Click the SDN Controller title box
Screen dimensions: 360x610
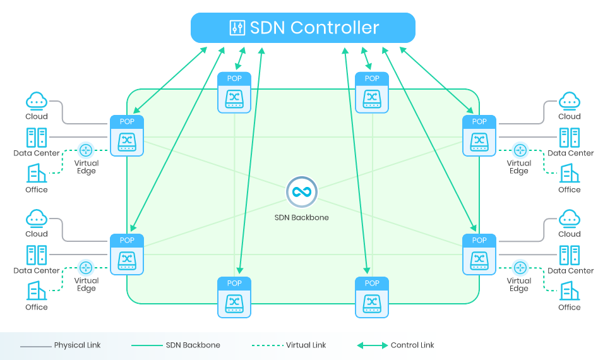point(303,28)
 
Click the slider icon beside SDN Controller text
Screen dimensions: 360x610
point(237,28)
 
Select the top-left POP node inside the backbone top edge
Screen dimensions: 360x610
point(234,93)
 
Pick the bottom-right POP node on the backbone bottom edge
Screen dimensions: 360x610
point(372,297)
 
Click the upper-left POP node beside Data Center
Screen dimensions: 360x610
point(127,136)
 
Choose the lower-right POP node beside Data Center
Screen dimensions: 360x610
point(479,254)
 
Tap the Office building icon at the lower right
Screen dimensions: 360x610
point(570,291)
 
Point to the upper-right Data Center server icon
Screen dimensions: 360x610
point(570,138)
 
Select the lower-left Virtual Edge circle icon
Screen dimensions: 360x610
point(86,267)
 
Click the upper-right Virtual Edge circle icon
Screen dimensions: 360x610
point(520,150)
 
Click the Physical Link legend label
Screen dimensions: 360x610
point(77,345)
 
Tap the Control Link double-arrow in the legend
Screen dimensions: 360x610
point(373,345)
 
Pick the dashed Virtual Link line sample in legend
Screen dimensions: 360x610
point(266,345)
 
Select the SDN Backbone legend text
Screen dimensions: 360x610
point(193,345)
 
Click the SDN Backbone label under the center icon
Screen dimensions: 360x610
point(301,217)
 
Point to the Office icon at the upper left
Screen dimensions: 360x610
point(37,173)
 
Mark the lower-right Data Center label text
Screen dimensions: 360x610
point(571,270)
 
